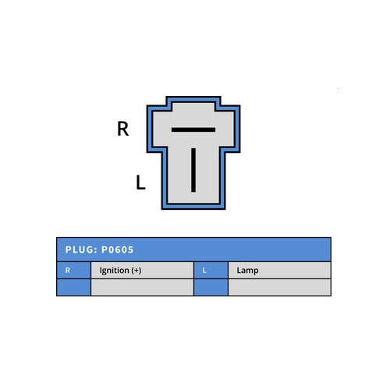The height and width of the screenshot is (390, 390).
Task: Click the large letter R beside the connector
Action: point(123,129)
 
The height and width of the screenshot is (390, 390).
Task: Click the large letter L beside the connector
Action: point(140,182)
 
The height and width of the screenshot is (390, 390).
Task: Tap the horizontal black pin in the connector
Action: point(193,129)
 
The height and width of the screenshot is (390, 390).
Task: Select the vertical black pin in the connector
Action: point(193,170)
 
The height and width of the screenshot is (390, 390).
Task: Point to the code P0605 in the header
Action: point(117,250)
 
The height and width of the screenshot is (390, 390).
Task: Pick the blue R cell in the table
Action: point(74,270)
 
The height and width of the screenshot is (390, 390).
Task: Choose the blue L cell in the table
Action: point(211,270)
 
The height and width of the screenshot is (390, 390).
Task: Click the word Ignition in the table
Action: point(115,271)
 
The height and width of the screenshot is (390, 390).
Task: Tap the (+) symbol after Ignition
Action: point(136,271)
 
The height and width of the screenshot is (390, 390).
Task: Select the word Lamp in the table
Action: point(247,271)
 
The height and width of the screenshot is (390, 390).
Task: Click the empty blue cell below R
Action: point(74,287)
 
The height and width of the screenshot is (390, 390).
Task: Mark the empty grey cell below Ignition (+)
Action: point(142,287)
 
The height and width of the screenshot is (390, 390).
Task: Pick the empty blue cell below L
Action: point(211,287)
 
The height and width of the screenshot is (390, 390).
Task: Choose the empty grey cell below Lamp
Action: point(279,287)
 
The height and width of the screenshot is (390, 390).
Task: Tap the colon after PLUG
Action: point(95,250)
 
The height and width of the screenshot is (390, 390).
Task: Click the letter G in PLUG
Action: point(90,250)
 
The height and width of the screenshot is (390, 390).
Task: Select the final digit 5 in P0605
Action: point(130,250)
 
